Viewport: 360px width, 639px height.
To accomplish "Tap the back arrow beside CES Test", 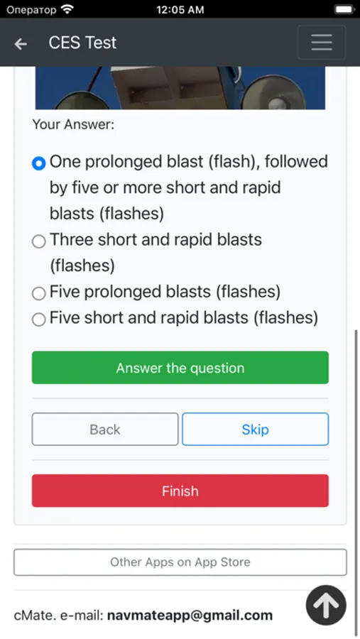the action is [x=21, y=43].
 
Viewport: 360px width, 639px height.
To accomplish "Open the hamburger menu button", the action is [x=322, y=43].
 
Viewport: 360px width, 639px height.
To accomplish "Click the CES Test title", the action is [x=82, y=43].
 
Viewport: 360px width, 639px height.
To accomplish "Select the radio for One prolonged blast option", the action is [x=39, y=163].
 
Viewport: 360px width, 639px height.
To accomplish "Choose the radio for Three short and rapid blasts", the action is [x=39, y=241].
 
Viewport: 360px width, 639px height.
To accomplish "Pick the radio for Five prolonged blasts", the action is [x=39, y=293].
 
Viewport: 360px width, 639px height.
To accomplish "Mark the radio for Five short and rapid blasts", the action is [x=39, y=319].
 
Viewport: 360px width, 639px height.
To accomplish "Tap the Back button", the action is [x=105, y=429].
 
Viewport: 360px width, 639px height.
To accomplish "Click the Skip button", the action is [x=255, y=429].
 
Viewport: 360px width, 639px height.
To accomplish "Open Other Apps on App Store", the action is [x=180, y=562].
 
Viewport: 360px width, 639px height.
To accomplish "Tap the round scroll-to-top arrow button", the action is [x=326, y=606].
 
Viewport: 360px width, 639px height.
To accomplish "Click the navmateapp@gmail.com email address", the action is [x=190, y=616].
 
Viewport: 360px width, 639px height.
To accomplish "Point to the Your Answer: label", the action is [x=73, y=124].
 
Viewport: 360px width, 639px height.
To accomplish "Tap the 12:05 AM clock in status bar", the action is [x=180, y=10].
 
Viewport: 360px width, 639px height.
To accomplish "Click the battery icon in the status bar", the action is [x=344, y=9].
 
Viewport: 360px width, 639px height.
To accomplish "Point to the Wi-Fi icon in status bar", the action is [x=67, y=9].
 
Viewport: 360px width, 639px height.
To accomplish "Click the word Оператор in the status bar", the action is [x=31, y=10].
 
